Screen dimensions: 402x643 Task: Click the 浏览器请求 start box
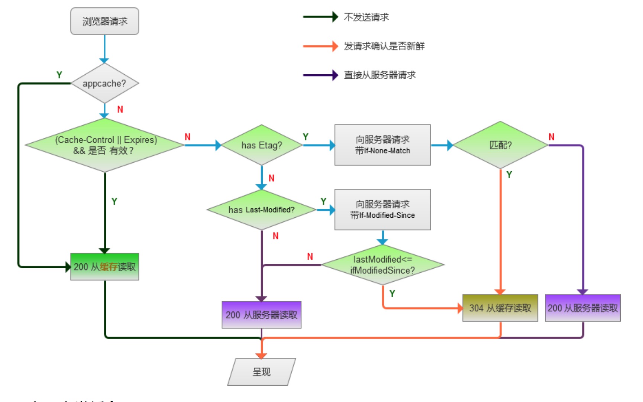104,21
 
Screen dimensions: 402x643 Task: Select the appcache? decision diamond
104,83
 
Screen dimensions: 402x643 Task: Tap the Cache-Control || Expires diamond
105,145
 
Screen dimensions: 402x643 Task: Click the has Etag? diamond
262,145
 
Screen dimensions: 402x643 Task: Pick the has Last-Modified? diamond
262,210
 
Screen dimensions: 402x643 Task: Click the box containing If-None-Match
382,145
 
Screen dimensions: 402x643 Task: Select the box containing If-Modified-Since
382,210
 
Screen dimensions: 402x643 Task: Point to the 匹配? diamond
500,145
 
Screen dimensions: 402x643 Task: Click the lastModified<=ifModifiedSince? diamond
382,265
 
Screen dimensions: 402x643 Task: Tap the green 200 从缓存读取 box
104,267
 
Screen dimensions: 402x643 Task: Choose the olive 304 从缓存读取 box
500,308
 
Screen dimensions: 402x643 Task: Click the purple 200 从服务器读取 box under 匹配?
582,308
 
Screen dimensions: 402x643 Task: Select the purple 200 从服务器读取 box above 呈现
261,315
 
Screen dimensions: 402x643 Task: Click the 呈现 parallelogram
261,372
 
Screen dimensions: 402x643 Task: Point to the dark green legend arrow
320,17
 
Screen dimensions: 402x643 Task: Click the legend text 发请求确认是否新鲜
384,46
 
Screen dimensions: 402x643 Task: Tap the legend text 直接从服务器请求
379,75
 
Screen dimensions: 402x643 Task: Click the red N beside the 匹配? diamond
552,137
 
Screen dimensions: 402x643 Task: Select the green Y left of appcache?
59,75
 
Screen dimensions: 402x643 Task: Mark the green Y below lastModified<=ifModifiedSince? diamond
392,294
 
